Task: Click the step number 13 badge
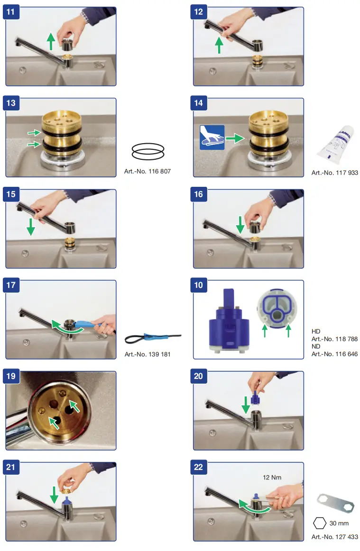coord(11,103)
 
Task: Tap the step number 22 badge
coord(198,467)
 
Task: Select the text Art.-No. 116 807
coord(148,172)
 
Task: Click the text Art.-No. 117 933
coord(335,173)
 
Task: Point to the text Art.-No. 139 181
coord(148,355)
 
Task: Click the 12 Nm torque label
coord(272,478)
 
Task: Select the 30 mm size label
coord(339,523)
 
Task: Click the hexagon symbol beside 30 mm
coord(320,523)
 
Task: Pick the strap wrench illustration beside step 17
coord(153,339)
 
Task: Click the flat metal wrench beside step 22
coord(335,504)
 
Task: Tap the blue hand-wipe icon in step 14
coord(212,138)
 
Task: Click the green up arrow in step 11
coord(51,41)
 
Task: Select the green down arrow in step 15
coord(30,227)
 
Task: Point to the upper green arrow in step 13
coord(35,133)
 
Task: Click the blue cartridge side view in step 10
coord(229,321)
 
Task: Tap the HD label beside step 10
coord(316,331)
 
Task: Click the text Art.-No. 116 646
coord(334,354)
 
